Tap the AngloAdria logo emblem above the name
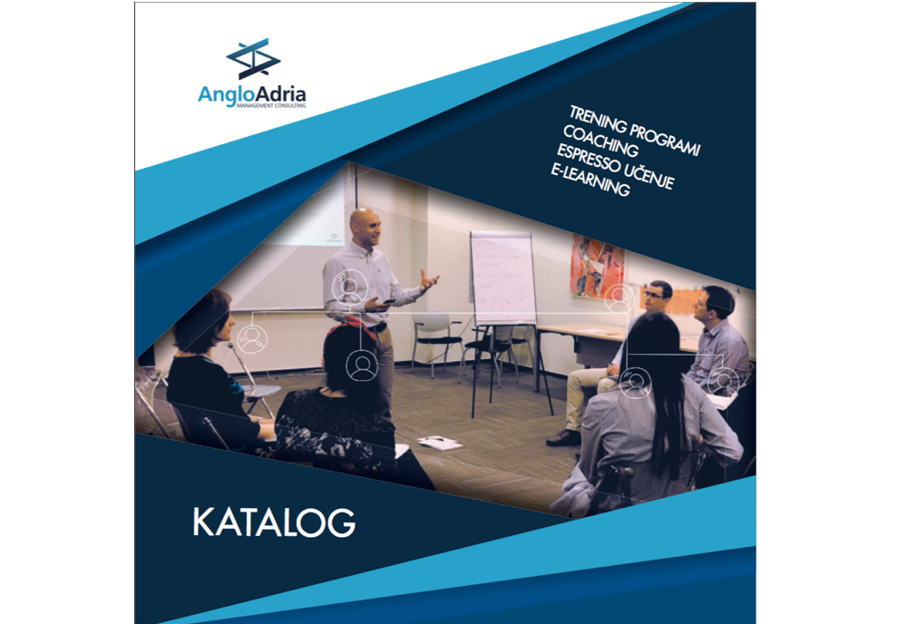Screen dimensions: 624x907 coord(253,59)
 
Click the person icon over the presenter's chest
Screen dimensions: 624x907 coord(348,288)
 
